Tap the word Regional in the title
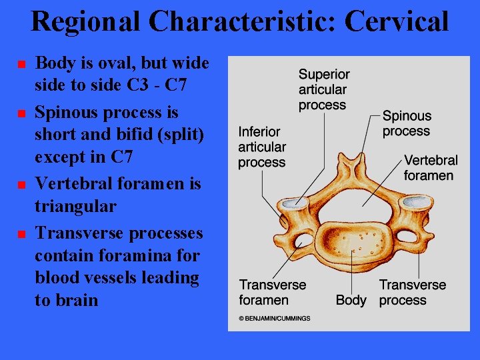coord(86,21)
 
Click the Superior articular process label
coord(323,89)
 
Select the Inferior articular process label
coord(262,147)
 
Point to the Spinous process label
coord(407,123)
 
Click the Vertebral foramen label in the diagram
coord(430,167)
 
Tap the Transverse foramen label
coord(273,292)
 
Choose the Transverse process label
coord(413,292)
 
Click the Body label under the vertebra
coord(351,300)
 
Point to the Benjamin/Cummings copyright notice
coord(275,319)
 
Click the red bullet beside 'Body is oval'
coord(21,64)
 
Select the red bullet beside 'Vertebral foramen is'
coord(21,183)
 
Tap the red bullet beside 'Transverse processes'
coord(21,234)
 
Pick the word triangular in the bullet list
coord(75,207)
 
